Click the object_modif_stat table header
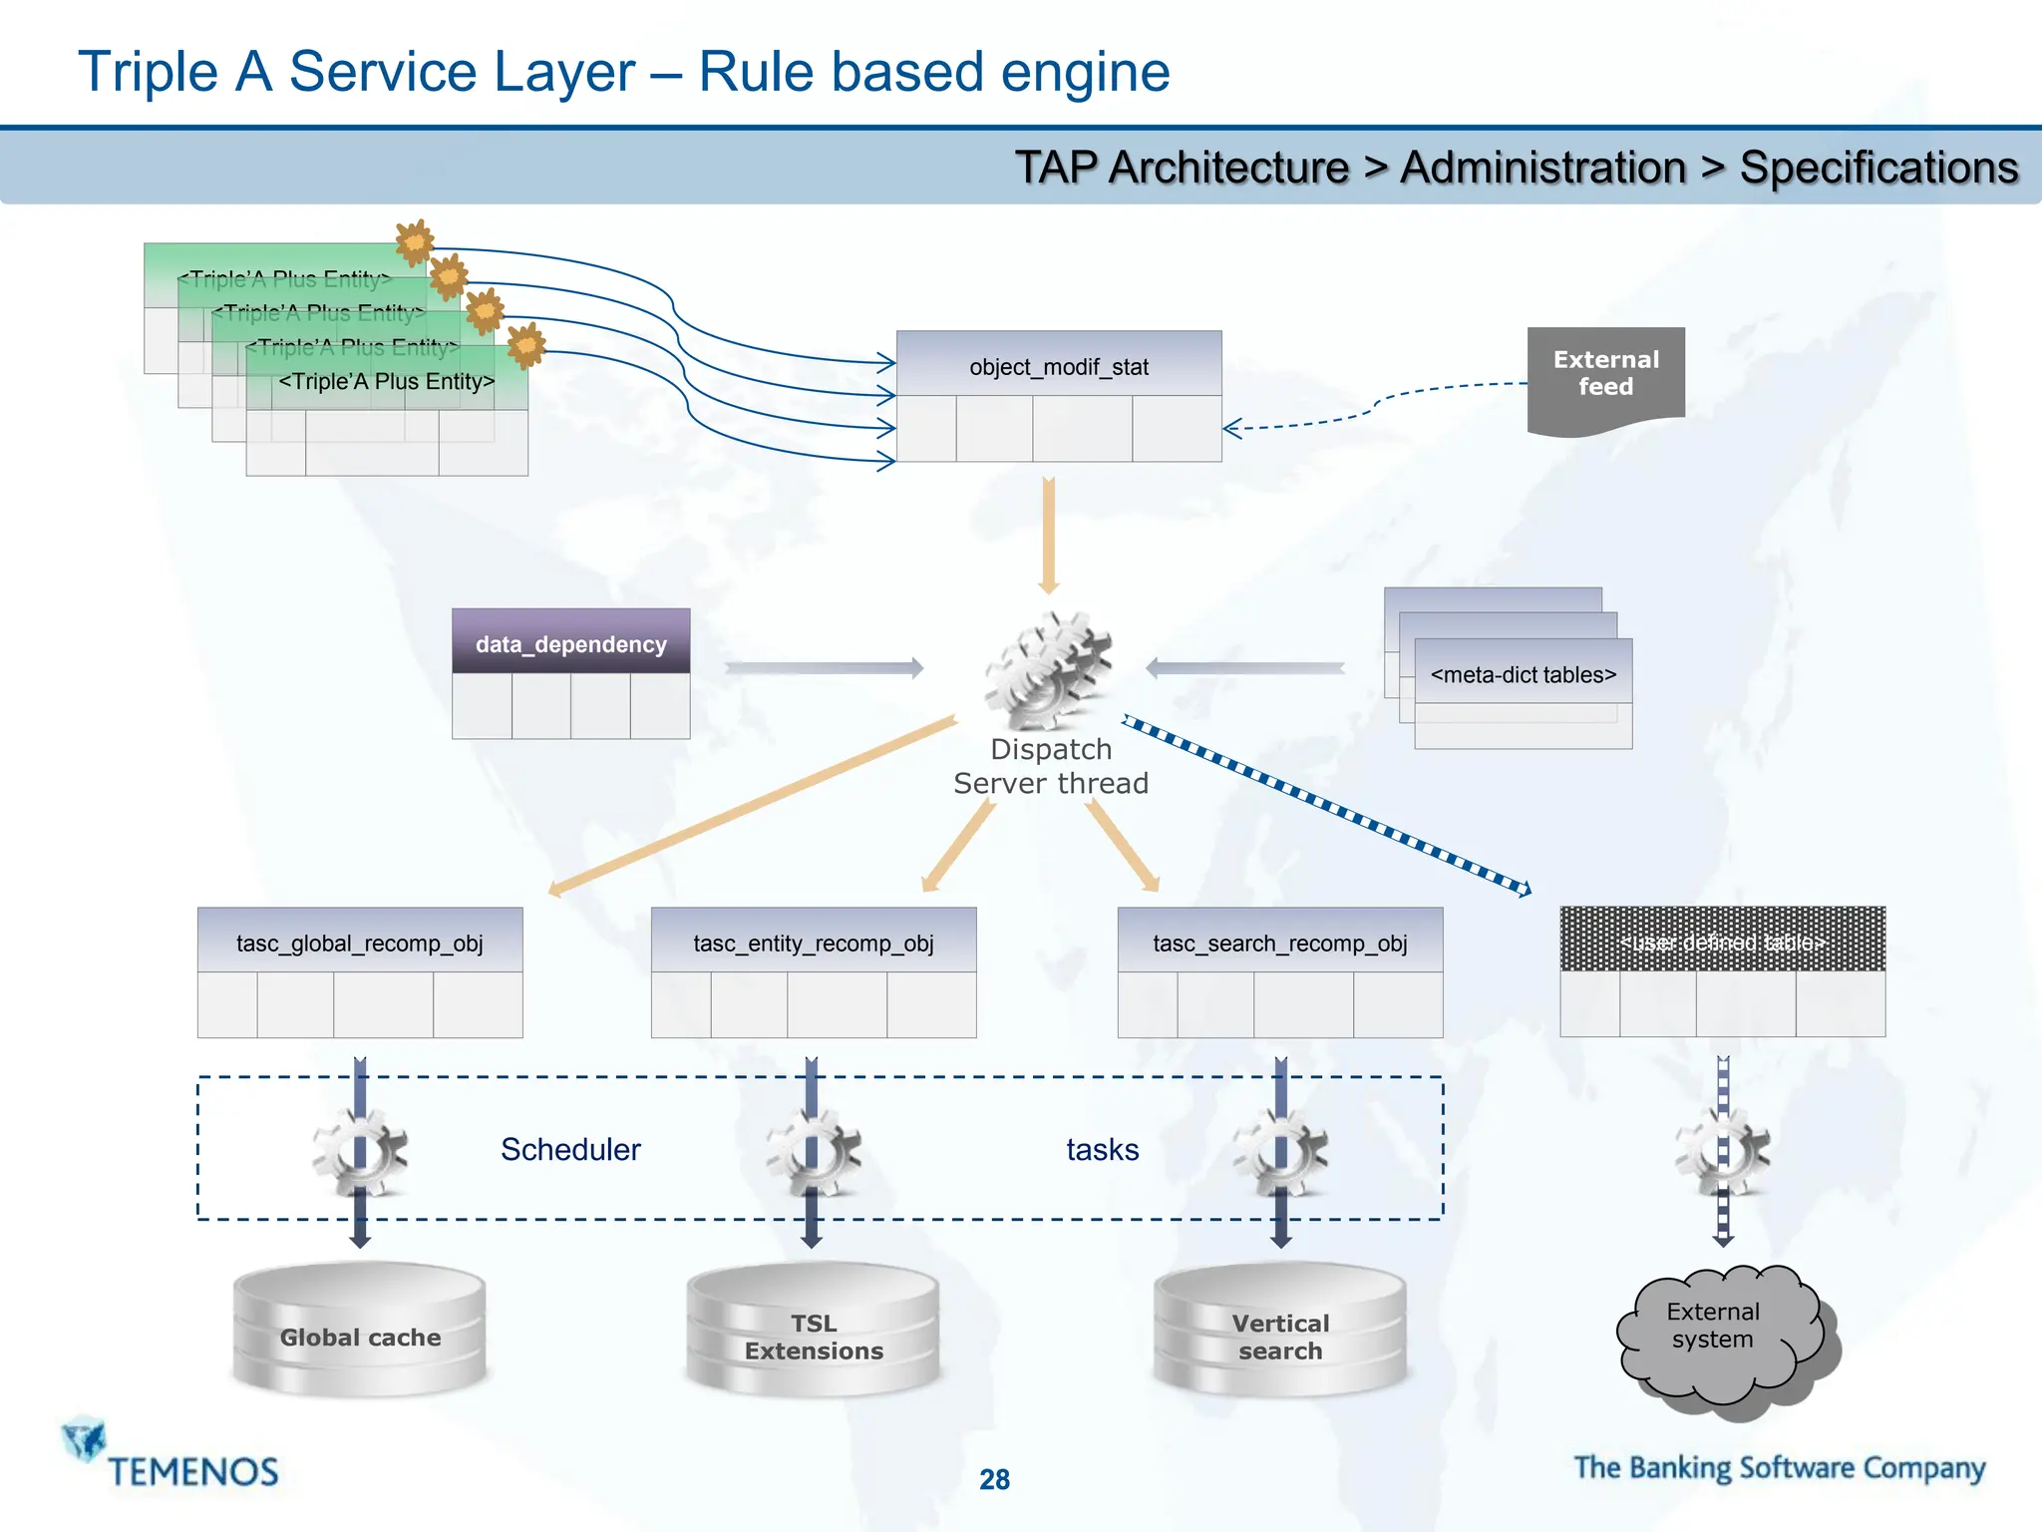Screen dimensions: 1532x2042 point(1058,365)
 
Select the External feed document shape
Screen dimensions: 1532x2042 point(1605,377)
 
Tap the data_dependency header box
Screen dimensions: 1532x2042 point(570,643)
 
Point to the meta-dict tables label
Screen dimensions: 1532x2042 point(1523,674)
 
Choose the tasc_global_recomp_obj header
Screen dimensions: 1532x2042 point(359,942)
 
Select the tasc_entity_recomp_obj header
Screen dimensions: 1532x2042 point(813,942)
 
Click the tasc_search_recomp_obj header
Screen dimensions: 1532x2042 point(1279,942)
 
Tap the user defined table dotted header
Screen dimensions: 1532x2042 point(1722,940)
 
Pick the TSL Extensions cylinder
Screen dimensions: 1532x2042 point(814,1335)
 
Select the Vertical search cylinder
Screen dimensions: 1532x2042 point(1280,1335)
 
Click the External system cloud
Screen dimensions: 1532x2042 point(1720,1332)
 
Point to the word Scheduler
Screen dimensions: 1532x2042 point(570,1149)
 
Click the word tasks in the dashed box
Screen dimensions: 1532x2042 point(1102,1149)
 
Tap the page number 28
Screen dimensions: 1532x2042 point(994,1478)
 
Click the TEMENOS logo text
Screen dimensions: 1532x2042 point(193,1471)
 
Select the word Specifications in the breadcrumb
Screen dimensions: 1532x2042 point(1878,168)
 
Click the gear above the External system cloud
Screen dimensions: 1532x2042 point(1722,1153)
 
